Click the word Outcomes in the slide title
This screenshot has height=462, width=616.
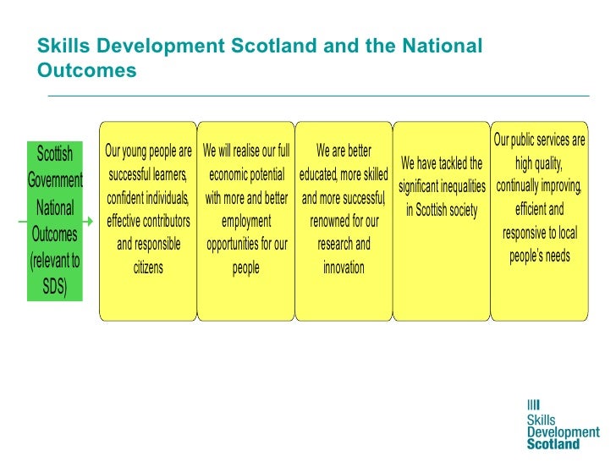point(87,71)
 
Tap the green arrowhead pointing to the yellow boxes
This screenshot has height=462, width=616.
point(89,222)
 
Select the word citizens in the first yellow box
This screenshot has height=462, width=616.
point(148,268)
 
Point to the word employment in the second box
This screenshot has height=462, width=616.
point(246,222)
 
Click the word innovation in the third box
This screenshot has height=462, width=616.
point(344,268)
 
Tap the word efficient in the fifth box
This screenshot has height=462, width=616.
point(539,209)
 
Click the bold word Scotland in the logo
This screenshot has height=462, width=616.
point(553,443)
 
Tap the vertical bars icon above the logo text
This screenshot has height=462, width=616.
point(533,404)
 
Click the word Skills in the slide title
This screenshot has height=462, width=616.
point(64,46)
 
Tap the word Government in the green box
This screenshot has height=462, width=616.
point(55,180)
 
